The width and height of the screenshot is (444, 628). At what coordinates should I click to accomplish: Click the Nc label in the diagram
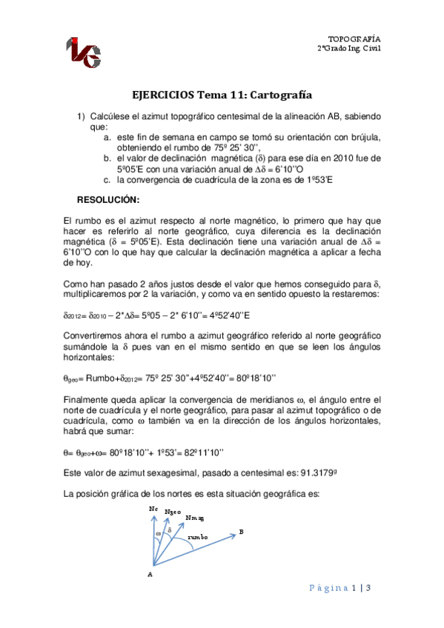(153, 510)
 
